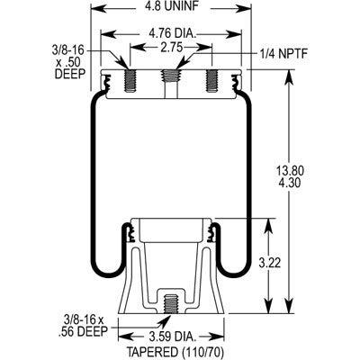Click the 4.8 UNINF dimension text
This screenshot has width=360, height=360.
tap(171, 6)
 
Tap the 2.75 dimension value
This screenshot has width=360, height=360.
tap(170, 48)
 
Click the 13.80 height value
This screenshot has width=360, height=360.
tap(290, 171)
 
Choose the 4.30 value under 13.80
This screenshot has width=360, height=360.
tap(290, 183)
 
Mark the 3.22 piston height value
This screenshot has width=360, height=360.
tap(270, 263)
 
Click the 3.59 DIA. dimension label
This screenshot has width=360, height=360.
tap(171, 337)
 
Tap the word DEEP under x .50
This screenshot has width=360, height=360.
tap(70, 74)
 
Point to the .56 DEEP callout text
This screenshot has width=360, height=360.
tap(82, 331)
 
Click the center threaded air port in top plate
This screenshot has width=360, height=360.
tap(171, 77)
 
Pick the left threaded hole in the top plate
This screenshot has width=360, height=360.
tap(130, 80)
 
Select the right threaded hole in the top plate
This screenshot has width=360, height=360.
tap(212, 80)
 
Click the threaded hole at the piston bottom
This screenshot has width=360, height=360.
tap(171, 303)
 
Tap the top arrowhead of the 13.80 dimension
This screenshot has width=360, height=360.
tap(290, 78)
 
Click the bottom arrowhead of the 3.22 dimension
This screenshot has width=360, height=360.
tap(269, 305)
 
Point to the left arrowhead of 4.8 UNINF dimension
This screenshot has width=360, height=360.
tap(98, 8)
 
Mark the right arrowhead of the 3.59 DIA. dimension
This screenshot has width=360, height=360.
tap(216, 335)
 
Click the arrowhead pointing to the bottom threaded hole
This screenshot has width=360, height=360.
tap(163, 321)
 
